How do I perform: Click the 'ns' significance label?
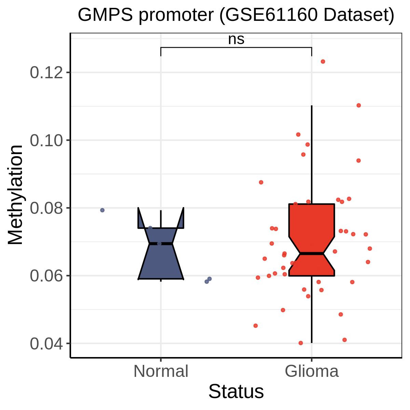[x=236, y=39]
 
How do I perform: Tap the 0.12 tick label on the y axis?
[x=46, y=72]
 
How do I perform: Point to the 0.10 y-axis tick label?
[x=46, y=140]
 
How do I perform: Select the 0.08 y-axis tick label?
[x=46, y=208]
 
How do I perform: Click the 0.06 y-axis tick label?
[x=46, y=275]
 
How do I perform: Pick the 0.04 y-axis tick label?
[x=46, y=343]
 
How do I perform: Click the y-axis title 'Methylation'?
[x=15, y=195]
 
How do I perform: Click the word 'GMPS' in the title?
[x=105, y=15]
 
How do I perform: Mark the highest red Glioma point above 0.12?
[x=323, y=61]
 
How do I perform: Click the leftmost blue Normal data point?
[x=102, y=210]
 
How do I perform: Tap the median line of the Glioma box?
[x=312, y=254]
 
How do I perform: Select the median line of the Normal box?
[x=161, y=243]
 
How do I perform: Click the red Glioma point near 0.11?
[x=358, y=105]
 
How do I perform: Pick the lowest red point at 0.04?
[x=301, y=343]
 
